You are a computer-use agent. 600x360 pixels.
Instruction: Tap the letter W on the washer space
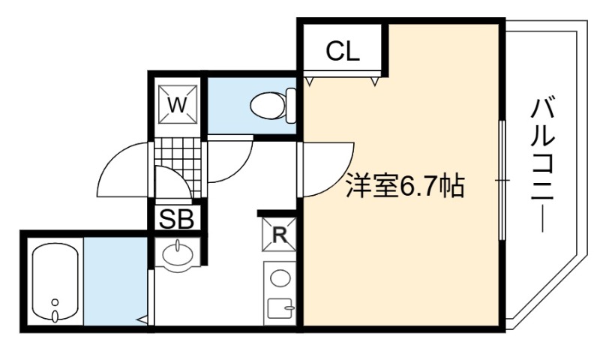(178, 104)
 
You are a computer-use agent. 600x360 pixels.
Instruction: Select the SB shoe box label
(177, 219)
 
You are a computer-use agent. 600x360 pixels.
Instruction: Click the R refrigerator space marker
(279, 235)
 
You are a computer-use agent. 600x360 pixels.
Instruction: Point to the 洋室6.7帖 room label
(405, 186)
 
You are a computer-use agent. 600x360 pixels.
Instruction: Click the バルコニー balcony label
(541, 165)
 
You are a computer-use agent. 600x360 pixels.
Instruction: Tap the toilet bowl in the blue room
(268, 106)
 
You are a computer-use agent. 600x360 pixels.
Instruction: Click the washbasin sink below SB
(178, 254)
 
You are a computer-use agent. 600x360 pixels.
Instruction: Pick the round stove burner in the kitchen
(280, 278)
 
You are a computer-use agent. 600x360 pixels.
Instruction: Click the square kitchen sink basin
(280, 308)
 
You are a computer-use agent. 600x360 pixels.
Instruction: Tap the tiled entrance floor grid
(178, 167)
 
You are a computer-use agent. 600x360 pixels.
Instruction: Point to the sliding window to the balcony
(502, 180)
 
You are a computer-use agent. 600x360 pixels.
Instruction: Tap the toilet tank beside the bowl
(291, 106)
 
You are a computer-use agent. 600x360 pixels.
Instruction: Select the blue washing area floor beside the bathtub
(115, 281)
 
